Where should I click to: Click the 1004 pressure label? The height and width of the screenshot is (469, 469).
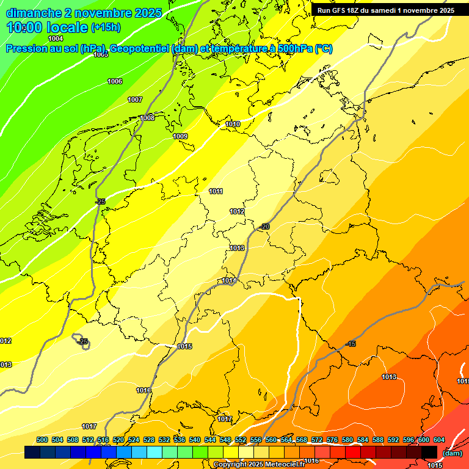point(56,38)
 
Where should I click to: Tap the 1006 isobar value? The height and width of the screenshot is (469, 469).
point(115,81)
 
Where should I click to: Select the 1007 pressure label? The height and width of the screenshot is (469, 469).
point(135,100)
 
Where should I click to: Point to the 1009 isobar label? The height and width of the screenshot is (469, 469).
point(180,136)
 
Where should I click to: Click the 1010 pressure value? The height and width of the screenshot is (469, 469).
point(233,124)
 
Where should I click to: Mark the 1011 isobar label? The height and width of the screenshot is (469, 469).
point(216,191)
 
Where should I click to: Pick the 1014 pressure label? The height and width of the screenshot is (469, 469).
point(229,280)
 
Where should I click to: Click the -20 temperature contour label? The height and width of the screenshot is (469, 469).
point(264,227)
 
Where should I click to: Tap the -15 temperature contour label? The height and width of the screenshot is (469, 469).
point(351,344)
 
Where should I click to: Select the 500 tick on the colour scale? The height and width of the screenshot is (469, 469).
point(42,440)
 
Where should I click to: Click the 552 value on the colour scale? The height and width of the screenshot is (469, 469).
point(241,440)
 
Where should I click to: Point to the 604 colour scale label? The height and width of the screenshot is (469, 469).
point(439,440)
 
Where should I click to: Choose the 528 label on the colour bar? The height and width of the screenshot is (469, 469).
point(149,440)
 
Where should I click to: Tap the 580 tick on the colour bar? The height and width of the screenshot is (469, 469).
point(347,440)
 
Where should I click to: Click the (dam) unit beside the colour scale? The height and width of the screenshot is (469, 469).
point(453,453)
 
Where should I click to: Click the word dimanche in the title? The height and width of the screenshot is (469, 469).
point(33,13)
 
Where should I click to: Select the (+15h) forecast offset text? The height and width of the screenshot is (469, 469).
point(106,27)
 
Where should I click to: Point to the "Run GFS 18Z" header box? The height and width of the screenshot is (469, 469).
point(385,10)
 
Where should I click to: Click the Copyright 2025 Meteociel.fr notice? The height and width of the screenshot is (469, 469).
point(259,465)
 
